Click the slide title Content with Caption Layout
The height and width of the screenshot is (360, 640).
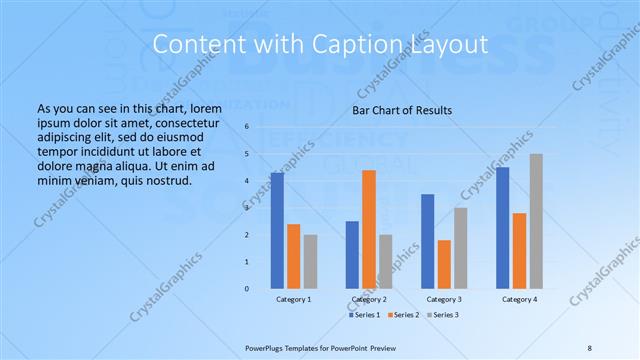coord(319,45)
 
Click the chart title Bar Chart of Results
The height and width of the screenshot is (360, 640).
coord(402,110)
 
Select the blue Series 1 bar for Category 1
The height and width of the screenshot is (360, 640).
coord(277,230)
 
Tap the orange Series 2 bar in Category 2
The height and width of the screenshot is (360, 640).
coord(369,229)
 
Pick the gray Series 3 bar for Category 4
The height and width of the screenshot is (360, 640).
coord(536,221)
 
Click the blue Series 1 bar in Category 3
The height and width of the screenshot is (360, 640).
coord(428,241)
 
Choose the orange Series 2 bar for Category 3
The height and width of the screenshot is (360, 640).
coord(444,264)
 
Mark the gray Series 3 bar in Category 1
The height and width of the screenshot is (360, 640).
coord(310,261)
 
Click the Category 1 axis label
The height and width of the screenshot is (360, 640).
coord(293,300)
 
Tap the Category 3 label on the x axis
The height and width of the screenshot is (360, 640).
coord(444,300)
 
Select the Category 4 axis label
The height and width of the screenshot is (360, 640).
coord(519,300)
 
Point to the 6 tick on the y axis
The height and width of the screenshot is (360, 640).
coord(247,127)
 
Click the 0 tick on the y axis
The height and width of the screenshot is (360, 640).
coord(247,288)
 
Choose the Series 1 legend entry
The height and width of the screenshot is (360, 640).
coord(364,315)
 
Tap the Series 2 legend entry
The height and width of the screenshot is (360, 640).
coord(403,315)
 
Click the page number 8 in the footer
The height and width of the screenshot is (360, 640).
coord(590,347)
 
